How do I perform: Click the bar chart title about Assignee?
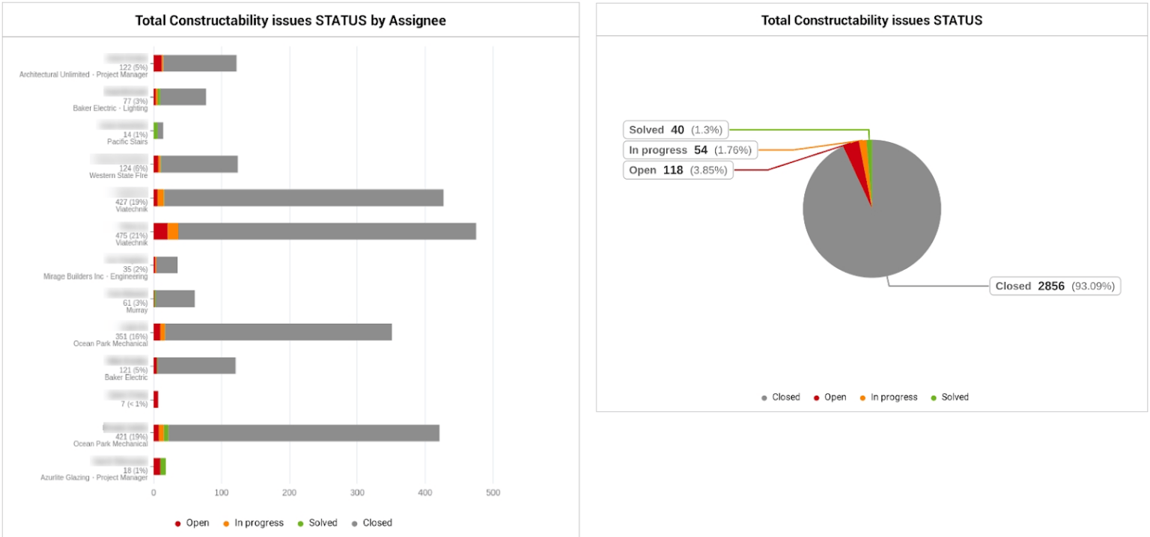click(290, 20)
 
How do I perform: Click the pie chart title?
click(871, 20)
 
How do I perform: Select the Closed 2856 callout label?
click(1055, 286)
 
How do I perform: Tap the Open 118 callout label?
click(678, 171)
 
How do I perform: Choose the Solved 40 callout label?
click(675, 130)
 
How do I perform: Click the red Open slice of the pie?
click(854, 153)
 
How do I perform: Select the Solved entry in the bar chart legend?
click(318, 523)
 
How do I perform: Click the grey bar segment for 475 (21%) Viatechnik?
click(326, 231)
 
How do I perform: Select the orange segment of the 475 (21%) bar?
click(173, 231)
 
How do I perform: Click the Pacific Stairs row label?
click(127, 141)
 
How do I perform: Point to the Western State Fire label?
click(118, 176)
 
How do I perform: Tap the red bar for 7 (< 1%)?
click(156, 399)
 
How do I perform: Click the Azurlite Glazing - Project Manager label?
click(94, 477)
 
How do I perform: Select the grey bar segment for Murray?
click(175, 298)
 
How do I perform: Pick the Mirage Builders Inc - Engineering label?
click(96, 276)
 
